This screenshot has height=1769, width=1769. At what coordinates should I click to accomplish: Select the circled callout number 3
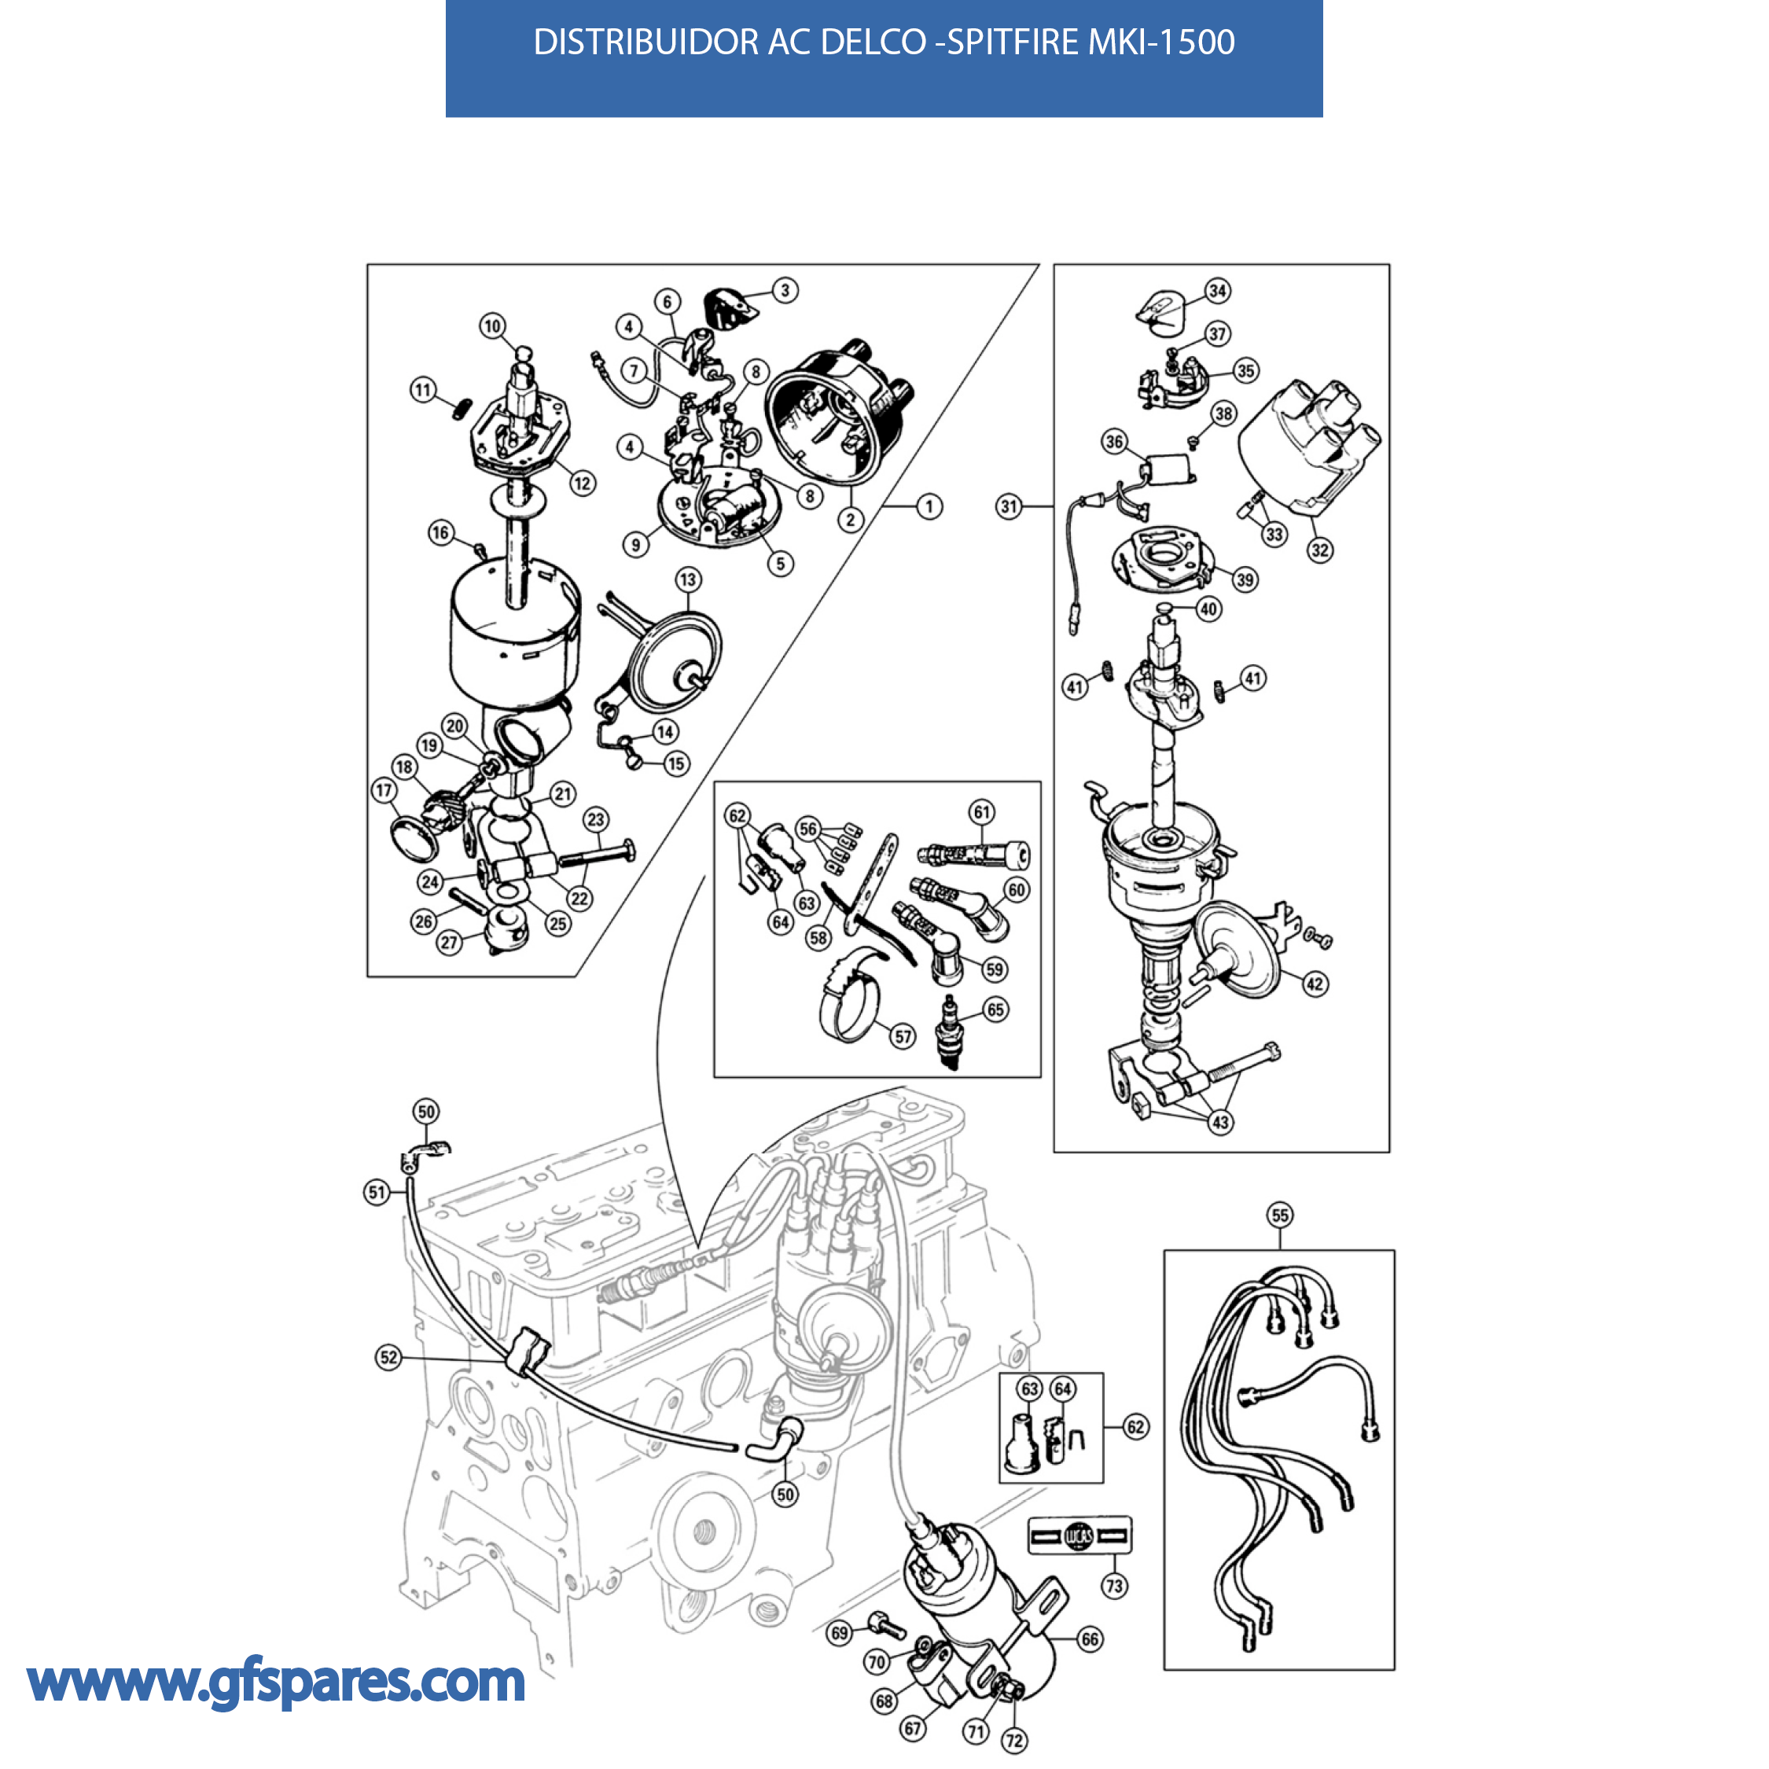coord(785,290)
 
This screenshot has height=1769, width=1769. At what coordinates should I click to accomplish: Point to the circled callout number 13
coord(689,579)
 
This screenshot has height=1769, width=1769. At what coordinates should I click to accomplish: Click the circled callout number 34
coord(1217,291)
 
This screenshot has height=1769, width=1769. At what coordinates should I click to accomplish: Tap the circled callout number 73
coord(1114,1586)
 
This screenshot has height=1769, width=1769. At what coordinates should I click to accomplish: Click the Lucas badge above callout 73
coord(1079,1536)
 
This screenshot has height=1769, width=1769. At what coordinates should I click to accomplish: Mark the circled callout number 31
coord(1009,506)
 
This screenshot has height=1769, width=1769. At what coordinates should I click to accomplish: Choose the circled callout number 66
coord(1090,1639)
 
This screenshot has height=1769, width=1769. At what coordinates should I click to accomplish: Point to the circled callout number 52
coord(389,1357)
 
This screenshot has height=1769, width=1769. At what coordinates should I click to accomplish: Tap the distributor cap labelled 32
coord(1309,445)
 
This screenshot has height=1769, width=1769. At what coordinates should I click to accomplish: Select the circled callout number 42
coord(1315,984)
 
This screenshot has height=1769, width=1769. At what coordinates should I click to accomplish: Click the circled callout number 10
coord(493,326)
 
